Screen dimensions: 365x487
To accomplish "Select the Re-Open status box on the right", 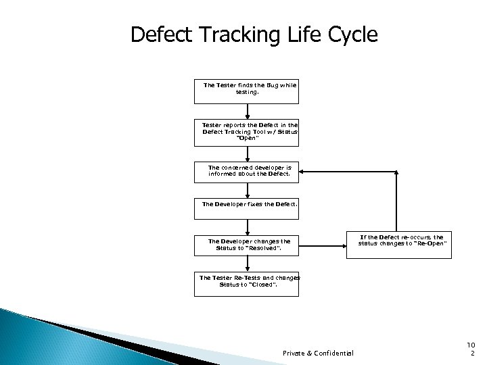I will pyautogui.click(x=402, y=241).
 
